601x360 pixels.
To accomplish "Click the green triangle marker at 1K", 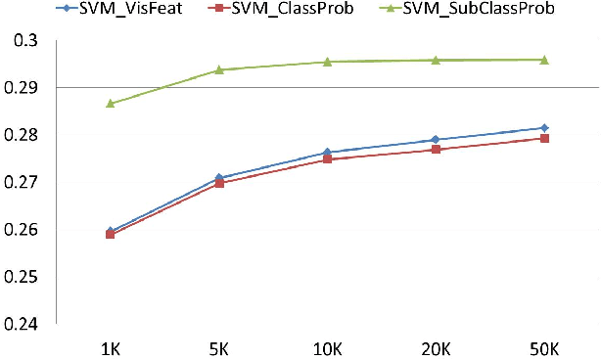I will coord(111,103).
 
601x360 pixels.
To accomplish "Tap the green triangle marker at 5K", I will coord(219,69).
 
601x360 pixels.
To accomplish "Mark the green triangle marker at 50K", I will coord(544,60).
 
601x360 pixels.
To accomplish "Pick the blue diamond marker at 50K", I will coord(544,128).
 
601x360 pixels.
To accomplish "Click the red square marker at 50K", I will coord(544,138).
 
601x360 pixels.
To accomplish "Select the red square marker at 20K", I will coord(436,150).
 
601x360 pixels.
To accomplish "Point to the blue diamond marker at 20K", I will coord(436,140).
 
